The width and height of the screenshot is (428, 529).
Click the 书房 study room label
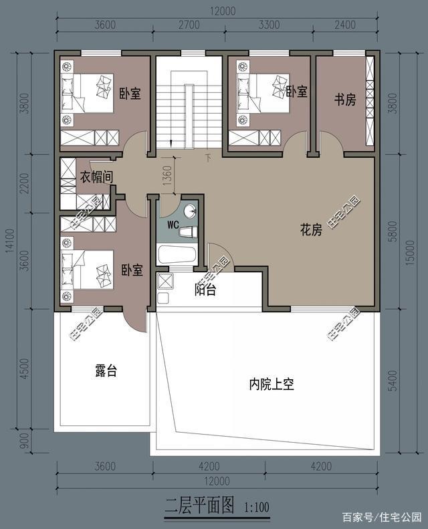344,100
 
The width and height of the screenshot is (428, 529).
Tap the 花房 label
311,230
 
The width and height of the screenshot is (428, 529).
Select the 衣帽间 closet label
96,177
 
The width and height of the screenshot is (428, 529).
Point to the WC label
172,225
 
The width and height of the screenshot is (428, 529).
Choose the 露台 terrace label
106,371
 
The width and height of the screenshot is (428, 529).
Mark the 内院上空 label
272,385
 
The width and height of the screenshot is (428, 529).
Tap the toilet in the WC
189,231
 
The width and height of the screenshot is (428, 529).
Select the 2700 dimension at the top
189,25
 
